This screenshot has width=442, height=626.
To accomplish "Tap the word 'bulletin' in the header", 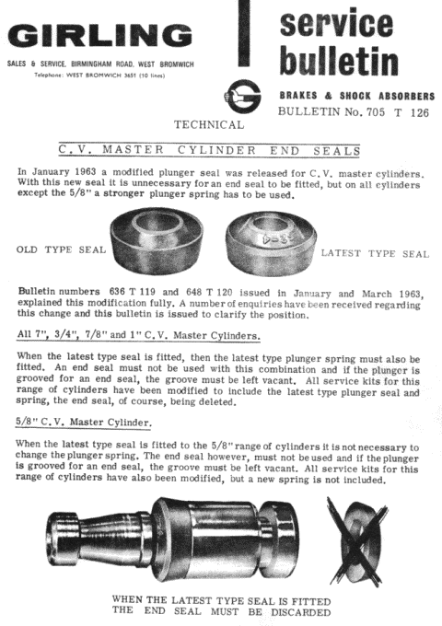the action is pos(338,63).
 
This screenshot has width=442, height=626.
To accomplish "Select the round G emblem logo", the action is pos(240,96).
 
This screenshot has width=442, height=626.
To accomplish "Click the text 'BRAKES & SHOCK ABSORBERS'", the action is pos(355,96).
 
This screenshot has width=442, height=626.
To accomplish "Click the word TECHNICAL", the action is pos(208,124).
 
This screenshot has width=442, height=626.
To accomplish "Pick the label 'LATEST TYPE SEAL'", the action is pos(374,252).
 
